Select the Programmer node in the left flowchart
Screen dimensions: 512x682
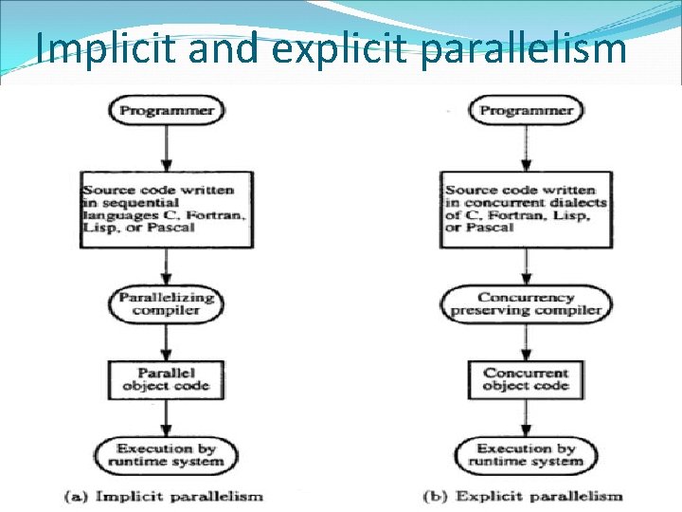click(167, 110)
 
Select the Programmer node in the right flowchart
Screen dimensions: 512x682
click(526, 110)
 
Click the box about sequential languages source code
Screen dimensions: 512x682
click(167, 209)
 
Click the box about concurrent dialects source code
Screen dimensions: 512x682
click(526, 209)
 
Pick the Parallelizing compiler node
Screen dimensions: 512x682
click(167, 303)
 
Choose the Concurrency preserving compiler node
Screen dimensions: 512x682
click(526, 303)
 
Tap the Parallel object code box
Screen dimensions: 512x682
click(167, 378)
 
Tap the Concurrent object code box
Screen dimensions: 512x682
click(526, 378)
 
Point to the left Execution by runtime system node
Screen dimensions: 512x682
click(167, 454)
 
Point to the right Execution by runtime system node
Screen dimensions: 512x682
click(526, 454)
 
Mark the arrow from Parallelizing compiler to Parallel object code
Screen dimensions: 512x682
click(167, 339)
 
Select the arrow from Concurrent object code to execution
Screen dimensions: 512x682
click(526, 417)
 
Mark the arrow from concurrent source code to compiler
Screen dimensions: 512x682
click(526, 266)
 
